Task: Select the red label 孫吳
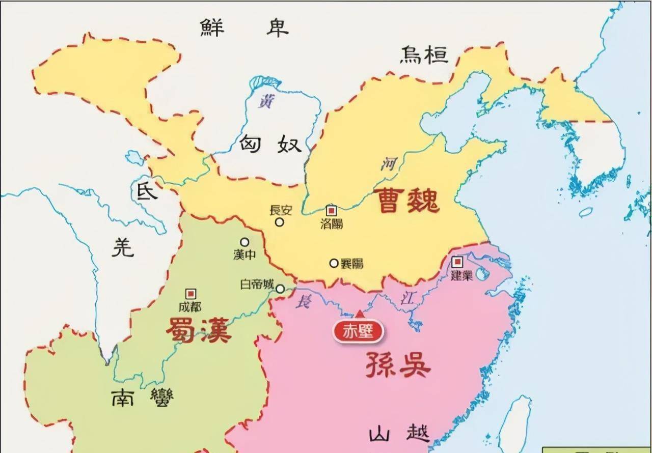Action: coord(398,364)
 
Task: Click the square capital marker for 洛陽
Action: coord(331,210)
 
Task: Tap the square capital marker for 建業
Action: coord(457,262)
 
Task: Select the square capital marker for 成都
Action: coord(191,294)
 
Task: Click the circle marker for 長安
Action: coord(279,222)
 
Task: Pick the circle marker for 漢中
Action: coord(245,242)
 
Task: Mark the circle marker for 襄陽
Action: coord(334,263)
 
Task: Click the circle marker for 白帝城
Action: coord(280,289)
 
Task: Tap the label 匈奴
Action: coord(270,145)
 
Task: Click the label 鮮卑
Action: coord(244,28)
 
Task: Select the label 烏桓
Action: coord(423,54)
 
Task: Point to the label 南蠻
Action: coord(142,397)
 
